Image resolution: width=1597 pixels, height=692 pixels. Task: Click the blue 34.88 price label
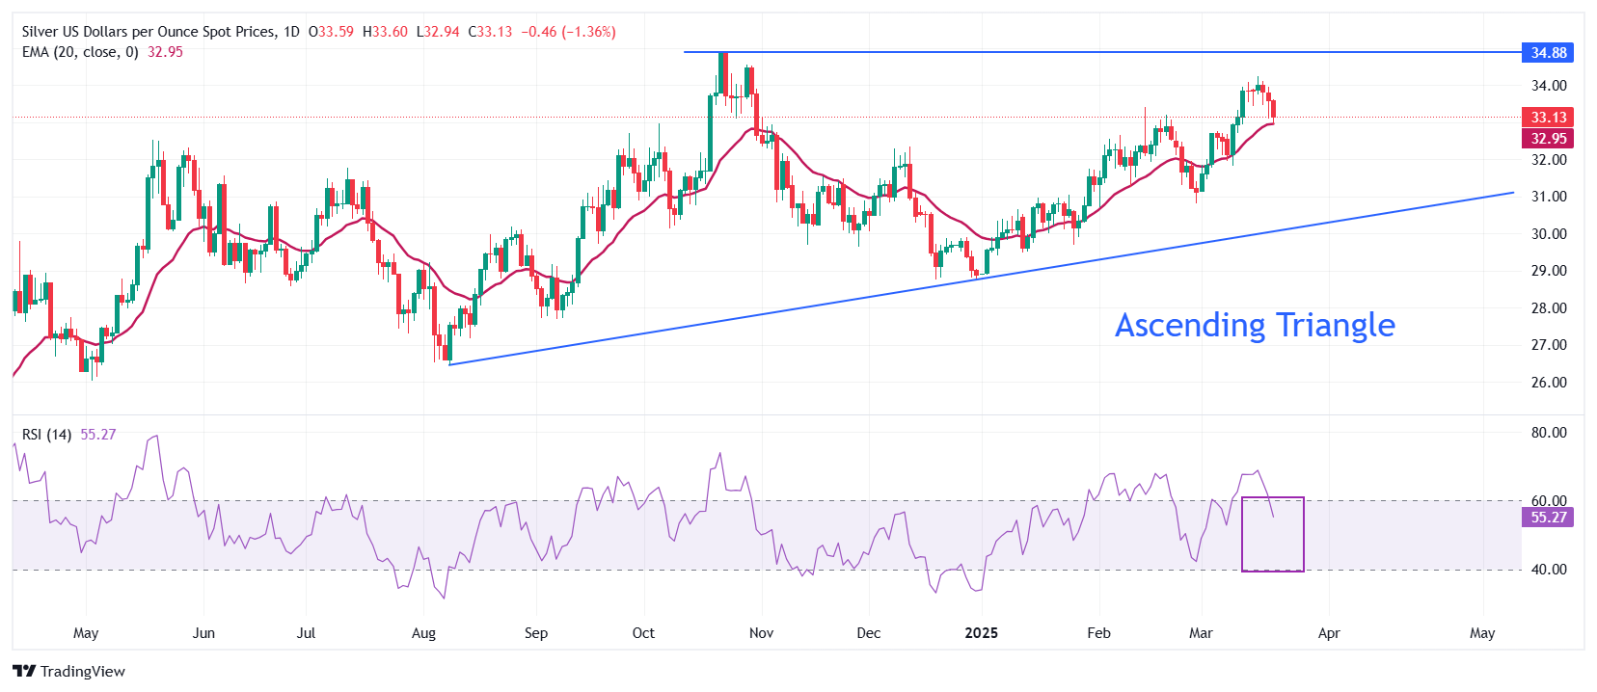1548,53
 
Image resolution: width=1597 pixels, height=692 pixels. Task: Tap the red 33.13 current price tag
1548,118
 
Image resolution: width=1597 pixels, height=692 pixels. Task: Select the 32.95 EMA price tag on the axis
1548,139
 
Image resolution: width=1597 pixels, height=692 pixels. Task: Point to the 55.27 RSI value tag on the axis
1548,518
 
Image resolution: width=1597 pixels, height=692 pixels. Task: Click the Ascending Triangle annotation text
1255,326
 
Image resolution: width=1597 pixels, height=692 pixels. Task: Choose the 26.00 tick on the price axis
1549,383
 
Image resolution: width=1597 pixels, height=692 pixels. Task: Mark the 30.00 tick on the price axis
1549,234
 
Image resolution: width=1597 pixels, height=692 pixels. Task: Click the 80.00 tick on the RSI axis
1549,433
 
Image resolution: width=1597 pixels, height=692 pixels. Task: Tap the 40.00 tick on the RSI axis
1549,570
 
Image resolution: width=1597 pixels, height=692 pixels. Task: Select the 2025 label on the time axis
982,633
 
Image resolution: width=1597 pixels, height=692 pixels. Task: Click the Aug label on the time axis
423,633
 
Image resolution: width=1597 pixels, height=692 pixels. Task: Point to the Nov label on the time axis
761,633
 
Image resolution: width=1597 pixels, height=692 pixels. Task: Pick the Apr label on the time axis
1329,633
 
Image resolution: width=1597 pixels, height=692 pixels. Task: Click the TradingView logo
68,672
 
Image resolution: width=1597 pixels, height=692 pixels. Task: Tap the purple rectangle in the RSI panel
1273,535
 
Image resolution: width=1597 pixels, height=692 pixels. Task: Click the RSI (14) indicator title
46,435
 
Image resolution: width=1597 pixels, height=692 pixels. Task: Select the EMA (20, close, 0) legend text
80,52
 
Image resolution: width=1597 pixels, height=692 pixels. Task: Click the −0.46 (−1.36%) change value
568,32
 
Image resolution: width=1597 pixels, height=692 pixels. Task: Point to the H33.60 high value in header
385,32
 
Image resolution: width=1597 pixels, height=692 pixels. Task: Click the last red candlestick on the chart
1274,109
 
